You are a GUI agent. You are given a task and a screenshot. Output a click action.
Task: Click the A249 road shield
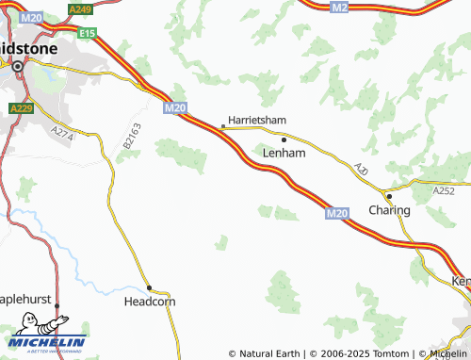click(80, 8)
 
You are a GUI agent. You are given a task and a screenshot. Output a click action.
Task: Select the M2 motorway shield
click(340, 8)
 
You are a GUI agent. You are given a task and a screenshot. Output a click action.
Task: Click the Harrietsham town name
click(256, 120)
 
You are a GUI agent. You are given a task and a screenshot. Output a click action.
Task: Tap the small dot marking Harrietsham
click(222, 124)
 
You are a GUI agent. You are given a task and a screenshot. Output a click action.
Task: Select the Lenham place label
click(284, 152)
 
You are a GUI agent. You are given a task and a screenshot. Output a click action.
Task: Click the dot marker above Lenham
click(284, 139)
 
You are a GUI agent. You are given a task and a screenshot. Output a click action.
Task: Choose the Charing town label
click(389, 210)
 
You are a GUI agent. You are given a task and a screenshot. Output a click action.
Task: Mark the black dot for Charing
click(389, 196)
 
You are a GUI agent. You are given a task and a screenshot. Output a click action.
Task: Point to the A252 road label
click(444, 191)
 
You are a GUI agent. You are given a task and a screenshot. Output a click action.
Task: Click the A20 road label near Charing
click(362, 170)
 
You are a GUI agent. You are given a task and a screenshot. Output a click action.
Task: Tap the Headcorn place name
click(150, 303)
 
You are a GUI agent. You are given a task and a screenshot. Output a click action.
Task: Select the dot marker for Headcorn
click(149, 287)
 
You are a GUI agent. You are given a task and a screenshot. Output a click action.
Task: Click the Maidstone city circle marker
click(17, 66)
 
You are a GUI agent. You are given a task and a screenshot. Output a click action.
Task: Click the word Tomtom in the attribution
click(381, 353)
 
